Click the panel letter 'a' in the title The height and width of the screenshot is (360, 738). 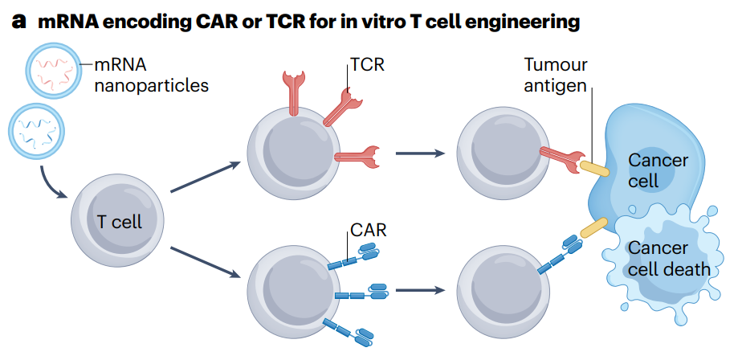19,22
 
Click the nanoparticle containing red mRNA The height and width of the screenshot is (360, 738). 54,72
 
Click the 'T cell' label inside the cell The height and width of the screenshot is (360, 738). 119,221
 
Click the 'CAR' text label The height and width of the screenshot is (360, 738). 368,231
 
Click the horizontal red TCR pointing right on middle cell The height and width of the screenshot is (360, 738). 357,155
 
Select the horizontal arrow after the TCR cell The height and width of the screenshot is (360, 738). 421,153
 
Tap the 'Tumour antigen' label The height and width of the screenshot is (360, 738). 556,74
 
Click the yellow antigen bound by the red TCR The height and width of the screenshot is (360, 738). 594,168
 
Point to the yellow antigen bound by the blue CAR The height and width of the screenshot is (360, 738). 594,228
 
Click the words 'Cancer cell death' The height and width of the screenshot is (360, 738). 668,259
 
